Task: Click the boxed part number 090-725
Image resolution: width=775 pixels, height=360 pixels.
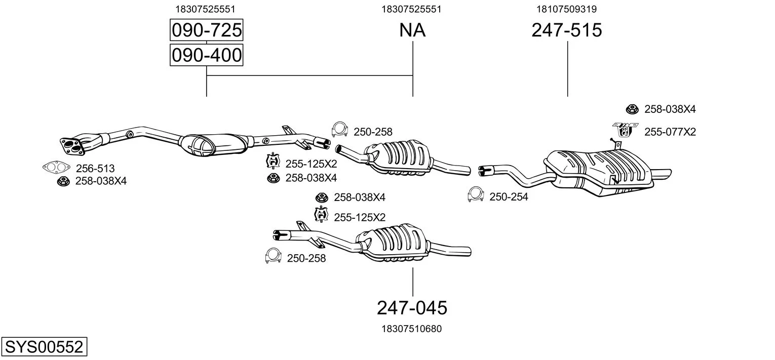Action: [x=206, y=30]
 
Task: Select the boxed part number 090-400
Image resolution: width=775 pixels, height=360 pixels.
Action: [x=206, y=55]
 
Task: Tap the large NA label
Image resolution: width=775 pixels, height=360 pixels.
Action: [x=412, y=30]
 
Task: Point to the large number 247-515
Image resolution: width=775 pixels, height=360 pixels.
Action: [x=567, y=30]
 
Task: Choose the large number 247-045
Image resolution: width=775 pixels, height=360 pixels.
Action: [x=412, y=307]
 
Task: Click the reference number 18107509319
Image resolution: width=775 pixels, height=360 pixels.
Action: [x=567, y=9]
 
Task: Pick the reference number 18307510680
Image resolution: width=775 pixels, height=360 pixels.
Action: [x=411, y=329]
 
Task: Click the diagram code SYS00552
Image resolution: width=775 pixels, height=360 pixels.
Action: [x=44, y=347]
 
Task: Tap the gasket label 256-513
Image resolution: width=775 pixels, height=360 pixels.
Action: [x=95, y=168]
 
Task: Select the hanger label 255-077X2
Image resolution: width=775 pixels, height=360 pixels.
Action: [x=670, y=132]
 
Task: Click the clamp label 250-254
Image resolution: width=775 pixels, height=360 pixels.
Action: [x=509, y=197]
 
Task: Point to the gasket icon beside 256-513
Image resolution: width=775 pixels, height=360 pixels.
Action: [x=56, y=167]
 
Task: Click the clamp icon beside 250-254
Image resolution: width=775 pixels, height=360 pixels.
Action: [x=476, y=194]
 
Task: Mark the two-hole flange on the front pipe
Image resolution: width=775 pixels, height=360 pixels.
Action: [x=71, y=144]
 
